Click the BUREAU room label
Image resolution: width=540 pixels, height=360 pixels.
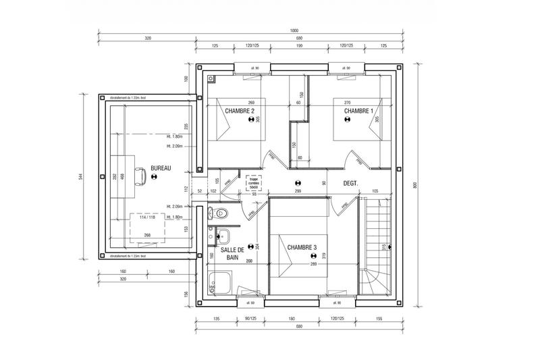161,167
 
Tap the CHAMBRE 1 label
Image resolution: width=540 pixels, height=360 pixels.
358,111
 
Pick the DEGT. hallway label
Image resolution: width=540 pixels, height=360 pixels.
350,183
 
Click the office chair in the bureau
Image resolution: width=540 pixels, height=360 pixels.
142,176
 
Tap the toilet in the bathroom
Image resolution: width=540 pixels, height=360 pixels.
217,214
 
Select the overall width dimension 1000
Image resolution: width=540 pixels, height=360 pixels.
294,31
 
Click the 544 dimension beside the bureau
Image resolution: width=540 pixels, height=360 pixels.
80,177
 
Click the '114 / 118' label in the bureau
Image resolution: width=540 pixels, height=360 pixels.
147,217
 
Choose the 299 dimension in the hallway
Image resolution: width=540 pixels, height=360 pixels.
298,192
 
